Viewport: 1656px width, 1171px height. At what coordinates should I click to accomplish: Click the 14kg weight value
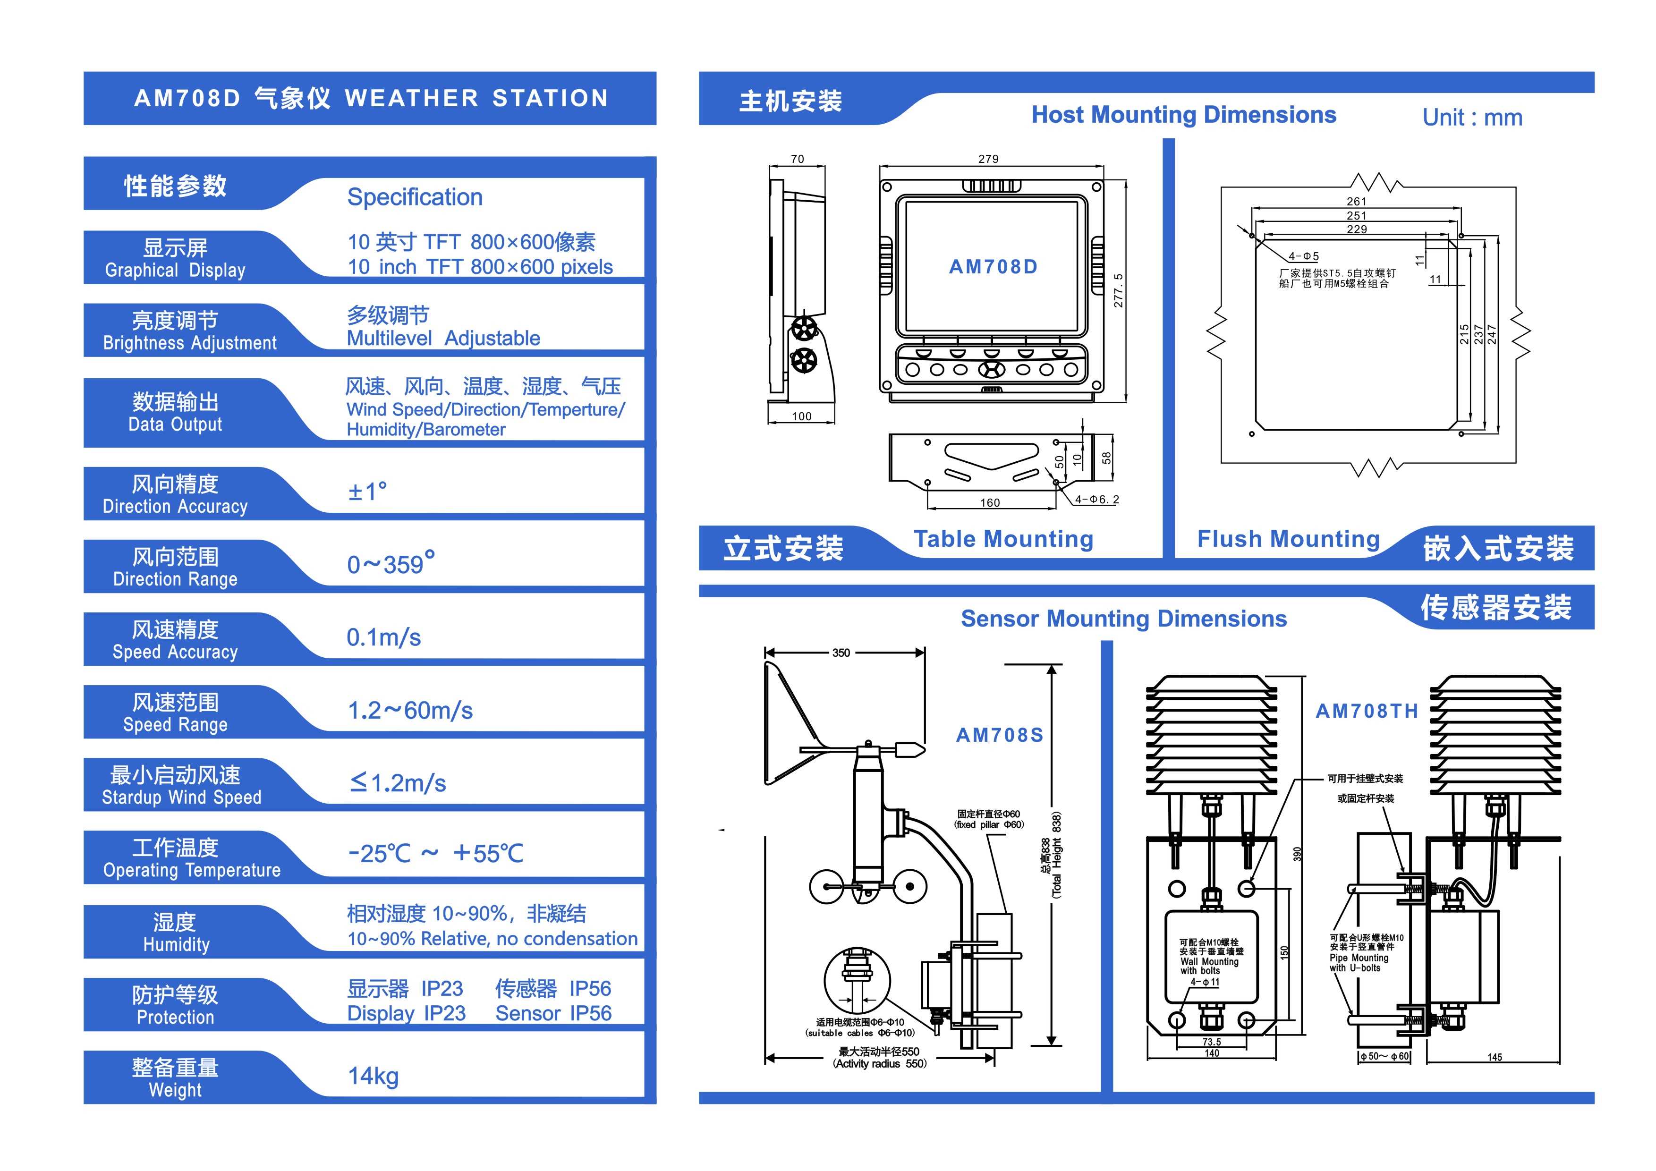(373, 1076)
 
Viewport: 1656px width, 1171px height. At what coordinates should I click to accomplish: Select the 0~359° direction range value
(390, 563)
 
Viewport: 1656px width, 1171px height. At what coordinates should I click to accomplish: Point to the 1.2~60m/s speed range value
(410, 710)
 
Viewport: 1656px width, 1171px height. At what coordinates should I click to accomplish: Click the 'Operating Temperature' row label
(191, 870)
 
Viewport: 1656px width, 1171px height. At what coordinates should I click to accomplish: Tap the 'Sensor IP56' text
(553, 1013)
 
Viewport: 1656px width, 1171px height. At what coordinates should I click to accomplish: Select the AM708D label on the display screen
(993, 267)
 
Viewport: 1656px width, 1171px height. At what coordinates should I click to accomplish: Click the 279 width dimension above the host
(988, 159)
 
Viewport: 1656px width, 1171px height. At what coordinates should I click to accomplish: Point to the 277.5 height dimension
(1118, 290)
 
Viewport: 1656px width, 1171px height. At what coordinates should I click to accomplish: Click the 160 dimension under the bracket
(990, 502)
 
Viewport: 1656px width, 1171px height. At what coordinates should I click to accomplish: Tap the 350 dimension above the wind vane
(841, 653)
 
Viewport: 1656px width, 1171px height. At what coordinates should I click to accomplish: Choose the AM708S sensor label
(999, 735)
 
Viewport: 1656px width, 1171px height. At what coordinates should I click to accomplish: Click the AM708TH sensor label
(1366, 711)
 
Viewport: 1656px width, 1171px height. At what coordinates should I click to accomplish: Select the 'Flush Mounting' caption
(1288, 539)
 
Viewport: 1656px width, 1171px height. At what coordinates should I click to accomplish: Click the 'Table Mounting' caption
(1003, 539)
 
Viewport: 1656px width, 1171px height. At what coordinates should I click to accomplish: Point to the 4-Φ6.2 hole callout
(1096, 499)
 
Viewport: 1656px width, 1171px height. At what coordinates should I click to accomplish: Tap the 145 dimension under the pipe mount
(1495, 1057)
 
